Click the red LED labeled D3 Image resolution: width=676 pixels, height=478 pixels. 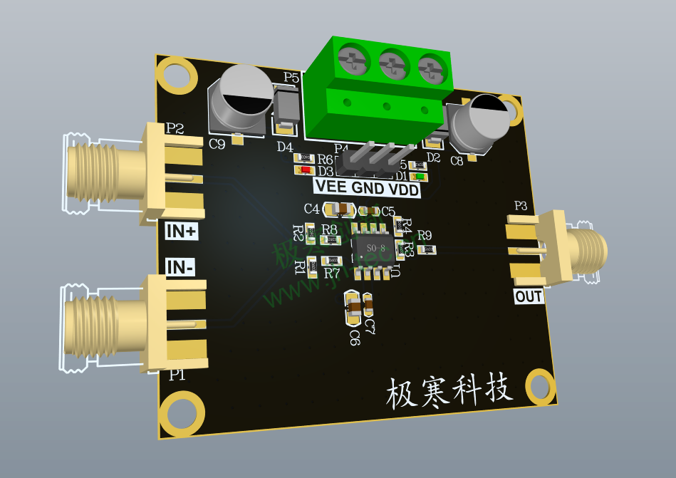(305, 170)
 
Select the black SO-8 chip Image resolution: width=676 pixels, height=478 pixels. (371, 248)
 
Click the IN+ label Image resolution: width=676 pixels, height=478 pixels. (182, 232)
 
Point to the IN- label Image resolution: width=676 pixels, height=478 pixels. (181, 267)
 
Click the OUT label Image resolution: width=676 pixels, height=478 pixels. (529, 296)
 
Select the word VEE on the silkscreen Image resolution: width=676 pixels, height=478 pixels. (332, 187)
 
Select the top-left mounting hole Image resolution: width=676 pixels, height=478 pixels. (175, 74)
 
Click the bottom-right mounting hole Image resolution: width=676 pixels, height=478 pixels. (541, 388)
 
